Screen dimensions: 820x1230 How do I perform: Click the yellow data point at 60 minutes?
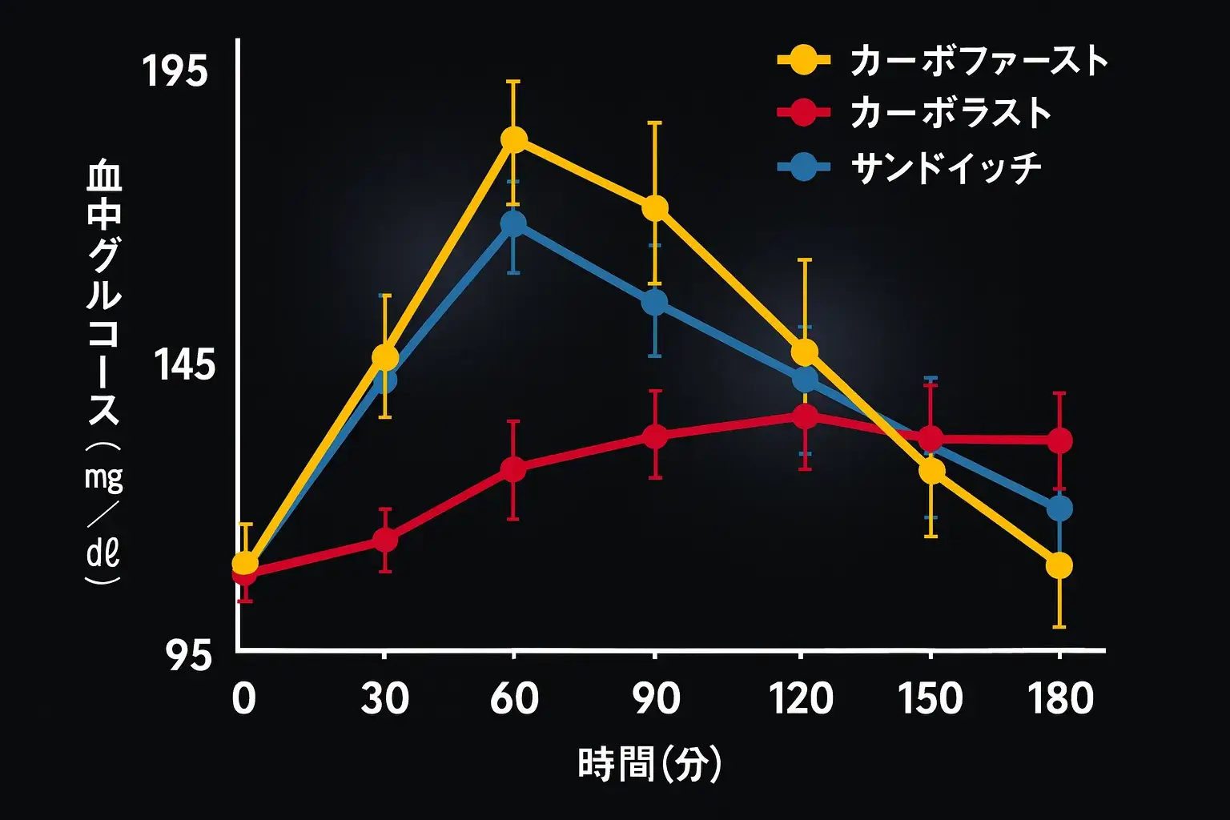pos(514,139)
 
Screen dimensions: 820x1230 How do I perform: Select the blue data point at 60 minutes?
pos(513,223)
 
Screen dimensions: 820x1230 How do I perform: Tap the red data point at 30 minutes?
pos(385,540)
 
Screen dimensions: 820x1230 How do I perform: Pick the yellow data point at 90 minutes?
pos(655,208)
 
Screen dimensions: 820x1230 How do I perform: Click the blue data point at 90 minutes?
pos(655,303)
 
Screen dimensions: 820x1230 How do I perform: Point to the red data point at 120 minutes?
pos(804,416)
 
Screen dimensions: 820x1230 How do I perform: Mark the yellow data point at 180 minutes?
pos(1059,566)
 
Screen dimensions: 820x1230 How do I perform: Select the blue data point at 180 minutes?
pos(1059,508)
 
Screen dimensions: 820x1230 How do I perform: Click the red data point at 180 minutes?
pos(1059,440)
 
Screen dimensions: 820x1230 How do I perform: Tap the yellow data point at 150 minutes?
pos(931,471)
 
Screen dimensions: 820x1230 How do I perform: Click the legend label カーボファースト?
pos(979,61)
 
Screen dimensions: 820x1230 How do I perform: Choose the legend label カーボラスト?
pos(951,113)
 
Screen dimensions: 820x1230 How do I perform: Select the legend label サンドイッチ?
pos(946,167)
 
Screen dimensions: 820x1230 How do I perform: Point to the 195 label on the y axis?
pos(175,72)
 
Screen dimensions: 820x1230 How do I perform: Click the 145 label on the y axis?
pos(185,366)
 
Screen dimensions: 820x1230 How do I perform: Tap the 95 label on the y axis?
pos(190,657)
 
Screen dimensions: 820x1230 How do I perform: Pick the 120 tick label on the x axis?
pos(802,698)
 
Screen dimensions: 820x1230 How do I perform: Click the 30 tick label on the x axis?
pos(385,698)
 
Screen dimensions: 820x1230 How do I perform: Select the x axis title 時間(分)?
pos(649,764)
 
